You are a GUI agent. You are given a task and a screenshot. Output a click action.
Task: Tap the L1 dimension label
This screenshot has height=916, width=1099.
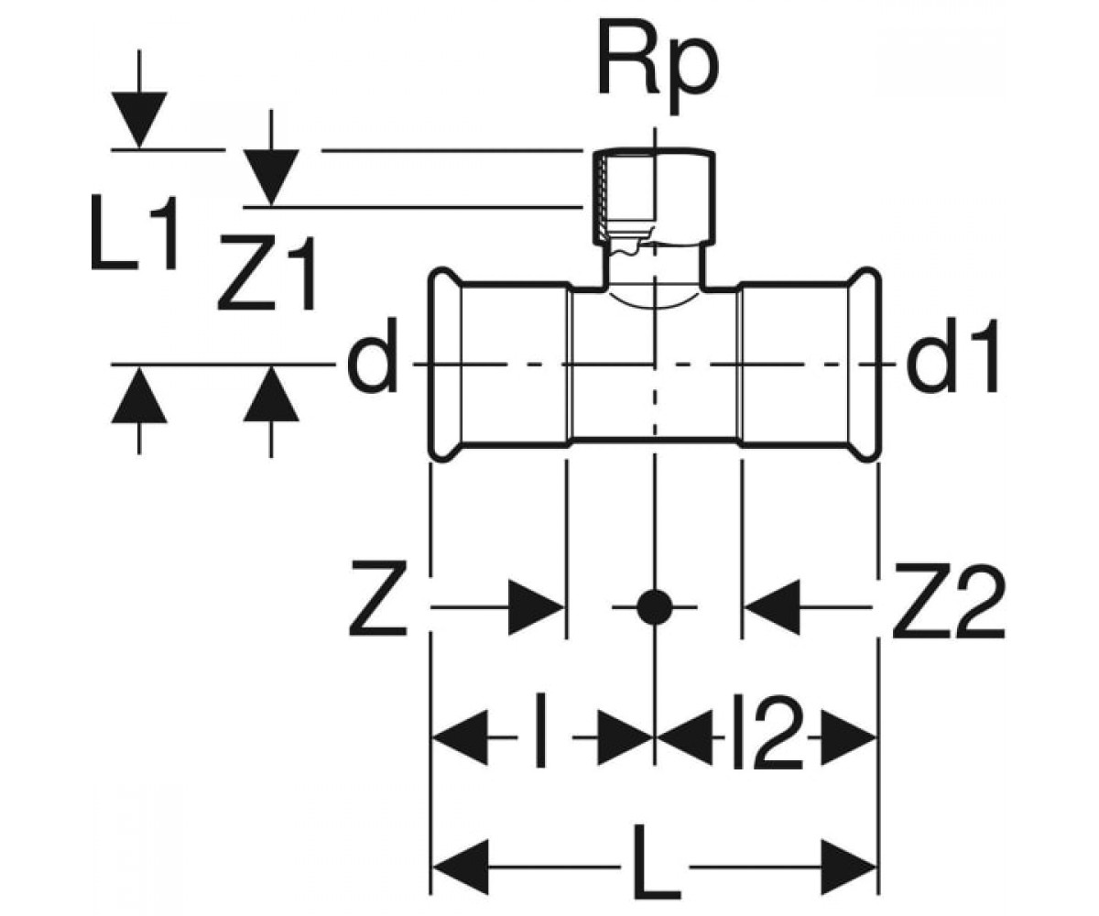pos(133,232)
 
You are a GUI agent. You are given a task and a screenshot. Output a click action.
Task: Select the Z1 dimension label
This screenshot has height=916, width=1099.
pos(268,272)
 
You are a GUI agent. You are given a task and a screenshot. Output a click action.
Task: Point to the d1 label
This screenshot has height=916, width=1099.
pos(952,354)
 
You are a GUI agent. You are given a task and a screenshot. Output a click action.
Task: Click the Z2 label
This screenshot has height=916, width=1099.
pos(948,600)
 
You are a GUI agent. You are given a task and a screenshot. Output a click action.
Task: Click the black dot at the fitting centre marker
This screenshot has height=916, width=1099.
pos(654,607)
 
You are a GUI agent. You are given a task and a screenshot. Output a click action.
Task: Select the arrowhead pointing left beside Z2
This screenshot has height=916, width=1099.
pos(771,607)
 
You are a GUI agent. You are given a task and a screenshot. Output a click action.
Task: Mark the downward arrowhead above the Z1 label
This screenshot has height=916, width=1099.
pos(271,178)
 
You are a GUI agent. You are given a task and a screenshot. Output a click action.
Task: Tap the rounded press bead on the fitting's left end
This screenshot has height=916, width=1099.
pos(445,365)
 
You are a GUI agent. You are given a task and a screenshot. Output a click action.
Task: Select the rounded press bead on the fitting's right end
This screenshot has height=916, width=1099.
pos(865,365)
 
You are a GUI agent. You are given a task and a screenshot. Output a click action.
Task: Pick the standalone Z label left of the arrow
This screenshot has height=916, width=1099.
pos(378,600)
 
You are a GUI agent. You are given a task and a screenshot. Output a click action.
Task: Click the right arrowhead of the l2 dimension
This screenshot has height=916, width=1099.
pos(849,737)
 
